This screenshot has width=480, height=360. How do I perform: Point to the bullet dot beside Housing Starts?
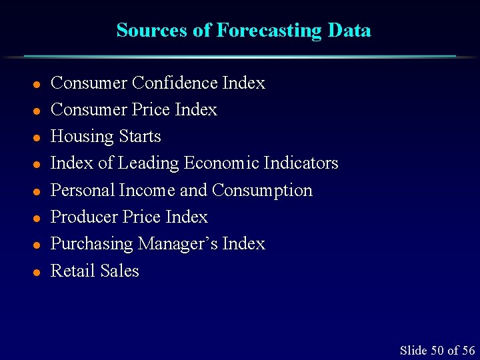[37, 137]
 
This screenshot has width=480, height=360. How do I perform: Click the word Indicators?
[301, 163]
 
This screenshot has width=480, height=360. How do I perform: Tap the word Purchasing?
[92, 244]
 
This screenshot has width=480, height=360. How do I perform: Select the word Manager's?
[178, 244]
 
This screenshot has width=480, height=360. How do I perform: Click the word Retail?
[71, 271]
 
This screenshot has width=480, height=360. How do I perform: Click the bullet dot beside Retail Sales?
[37, 271]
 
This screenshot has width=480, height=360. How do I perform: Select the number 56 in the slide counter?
[469, 350]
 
